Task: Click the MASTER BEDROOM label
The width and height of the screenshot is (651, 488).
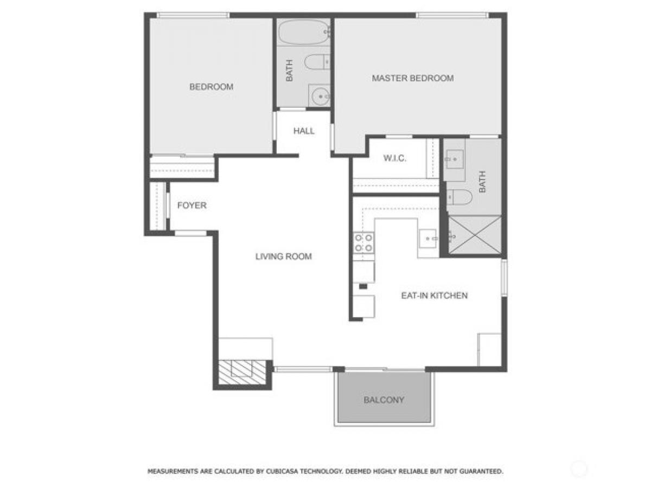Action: tap(412, 78)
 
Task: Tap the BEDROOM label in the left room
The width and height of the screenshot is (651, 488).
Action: tap(211, 87)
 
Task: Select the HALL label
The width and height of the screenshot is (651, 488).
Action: tap(304, 131)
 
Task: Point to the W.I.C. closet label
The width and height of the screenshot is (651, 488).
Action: tap(395, 158)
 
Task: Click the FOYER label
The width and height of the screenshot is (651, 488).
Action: tap(192, 206)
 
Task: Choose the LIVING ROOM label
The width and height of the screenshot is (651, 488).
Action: tap(283, 256)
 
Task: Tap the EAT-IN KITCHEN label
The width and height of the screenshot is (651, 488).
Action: tap(434, 296)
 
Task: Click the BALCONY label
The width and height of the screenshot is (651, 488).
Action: tap(384, 400)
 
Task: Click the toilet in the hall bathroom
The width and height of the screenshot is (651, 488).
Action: tap(317, 62)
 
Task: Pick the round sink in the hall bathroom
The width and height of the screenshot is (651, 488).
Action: tap(320, 97)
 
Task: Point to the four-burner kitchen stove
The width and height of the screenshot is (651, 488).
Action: tap(363, 242)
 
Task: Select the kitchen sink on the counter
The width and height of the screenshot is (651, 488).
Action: tap(429, 237)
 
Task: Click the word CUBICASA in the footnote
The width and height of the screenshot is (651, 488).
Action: tap(277, 472)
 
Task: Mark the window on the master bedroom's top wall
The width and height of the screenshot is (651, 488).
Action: tap(452, 15)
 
